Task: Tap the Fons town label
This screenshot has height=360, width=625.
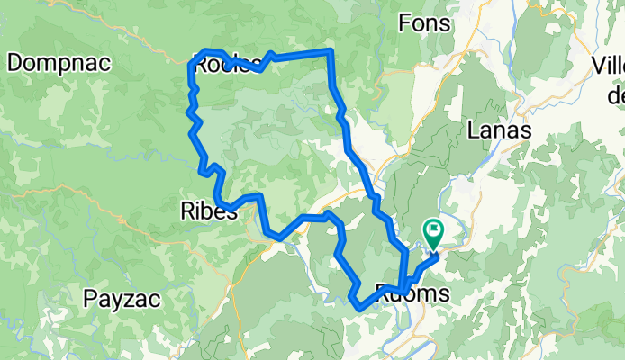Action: (422, 23)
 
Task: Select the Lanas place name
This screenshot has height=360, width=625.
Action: (500, 130)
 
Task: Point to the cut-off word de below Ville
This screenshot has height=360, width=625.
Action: (616, 94)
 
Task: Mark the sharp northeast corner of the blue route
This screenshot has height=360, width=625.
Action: (331, 52)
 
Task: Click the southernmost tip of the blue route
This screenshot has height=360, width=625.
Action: (359, 309)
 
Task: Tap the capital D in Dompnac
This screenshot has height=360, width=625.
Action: (15, 62)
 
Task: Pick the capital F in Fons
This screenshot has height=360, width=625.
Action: (403, 23)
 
